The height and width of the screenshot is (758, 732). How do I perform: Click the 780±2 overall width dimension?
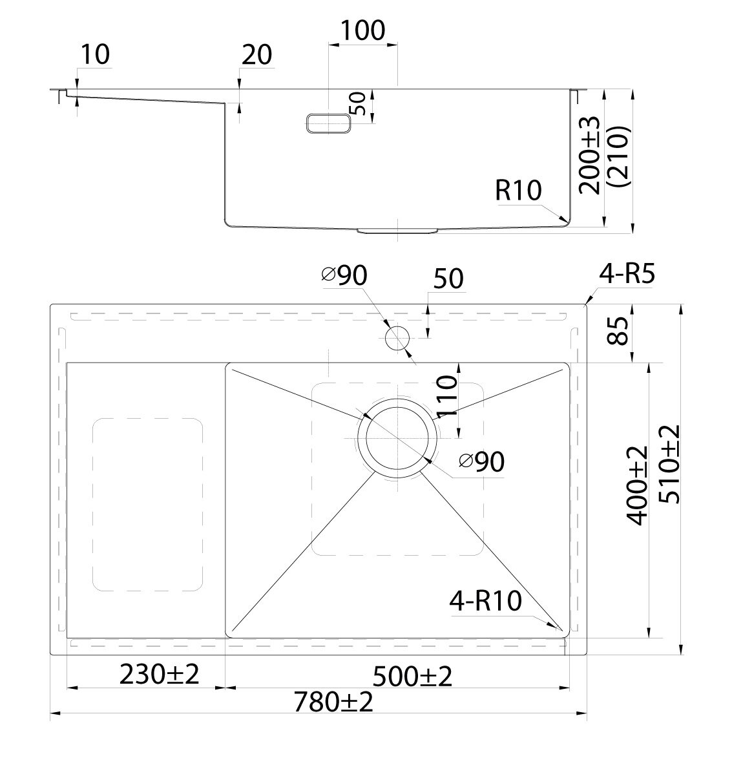[333, 701]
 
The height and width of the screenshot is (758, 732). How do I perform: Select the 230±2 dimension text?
[159, 674]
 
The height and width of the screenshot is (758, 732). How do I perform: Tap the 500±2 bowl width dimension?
[412, 676]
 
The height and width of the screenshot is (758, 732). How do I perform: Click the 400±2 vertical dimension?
[637, 485]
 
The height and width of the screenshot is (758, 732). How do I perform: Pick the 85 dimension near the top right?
[618, 331]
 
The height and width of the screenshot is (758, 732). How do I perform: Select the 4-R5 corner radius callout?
[627, 274]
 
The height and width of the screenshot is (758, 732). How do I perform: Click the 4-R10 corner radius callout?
[486, 601]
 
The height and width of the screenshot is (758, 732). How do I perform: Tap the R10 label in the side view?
[518, 190]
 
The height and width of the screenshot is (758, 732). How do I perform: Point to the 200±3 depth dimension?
[589, 154]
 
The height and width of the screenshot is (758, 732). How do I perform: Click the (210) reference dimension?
[618, 156]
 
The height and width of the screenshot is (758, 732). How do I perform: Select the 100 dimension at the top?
[363, 30]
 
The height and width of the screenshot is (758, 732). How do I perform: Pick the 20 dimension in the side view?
[256, 55]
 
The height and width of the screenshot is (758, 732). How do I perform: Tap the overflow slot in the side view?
[329, 123]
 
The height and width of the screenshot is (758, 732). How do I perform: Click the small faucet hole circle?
[397, 338]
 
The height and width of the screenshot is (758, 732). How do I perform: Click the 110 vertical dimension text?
[446, 396]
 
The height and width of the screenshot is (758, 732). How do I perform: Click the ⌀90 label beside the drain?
[482, 461]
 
